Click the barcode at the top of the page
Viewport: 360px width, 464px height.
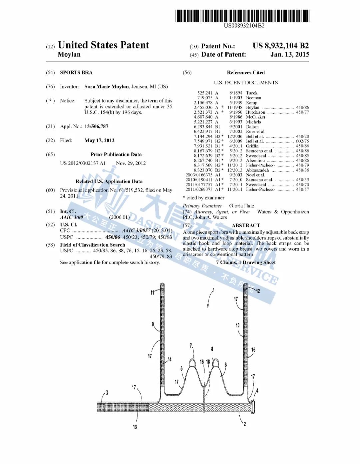coord(242,16)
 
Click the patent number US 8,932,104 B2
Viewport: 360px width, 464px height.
coord(280,46)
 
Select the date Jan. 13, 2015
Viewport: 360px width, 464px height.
coord(290,55)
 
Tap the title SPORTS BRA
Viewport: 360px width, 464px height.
coord(76,72)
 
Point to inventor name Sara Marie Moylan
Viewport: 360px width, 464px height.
coord(106,87)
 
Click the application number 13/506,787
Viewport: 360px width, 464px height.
coord(96,126)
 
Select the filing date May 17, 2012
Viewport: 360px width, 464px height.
coord(99,140)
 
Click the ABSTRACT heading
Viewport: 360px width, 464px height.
coord(246,225)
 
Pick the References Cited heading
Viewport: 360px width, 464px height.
coord(246,72)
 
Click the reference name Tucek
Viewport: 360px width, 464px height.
coord(252,93)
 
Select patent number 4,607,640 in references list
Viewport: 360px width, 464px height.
coord(203,117)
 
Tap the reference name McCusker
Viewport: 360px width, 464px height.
coord(255,117)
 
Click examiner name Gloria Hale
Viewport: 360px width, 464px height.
coord(241,206)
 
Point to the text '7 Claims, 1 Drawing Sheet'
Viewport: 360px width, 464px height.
coord(246,263)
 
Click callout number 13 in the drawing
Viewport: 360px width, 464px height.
coord(135,427)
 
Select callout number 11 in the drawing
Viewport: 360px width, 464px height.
coord(152,293)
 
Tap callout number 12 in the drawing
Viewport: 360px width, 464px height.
coord(258,291)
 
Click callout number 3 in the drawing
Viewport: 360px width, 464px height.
coord(107,393)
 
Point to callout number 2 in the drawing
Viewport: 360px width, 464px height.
coord(245,424)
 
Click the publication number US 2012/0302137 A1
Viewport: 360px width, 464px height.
coord(83,163)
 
